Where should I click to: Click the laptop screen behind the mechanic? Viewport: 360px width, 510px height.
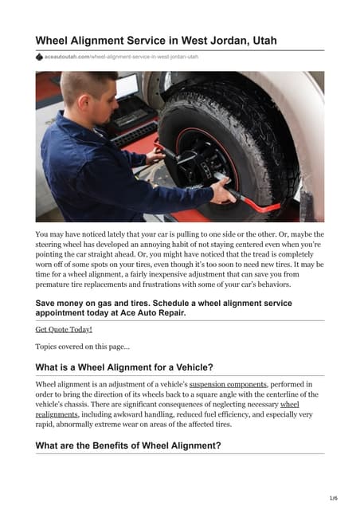click(127, 87)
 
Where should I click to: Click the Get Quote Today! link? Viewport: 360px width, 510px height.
click(64, 328)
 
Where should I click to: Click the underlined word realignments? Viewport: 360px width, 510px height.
click(57, 415)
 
